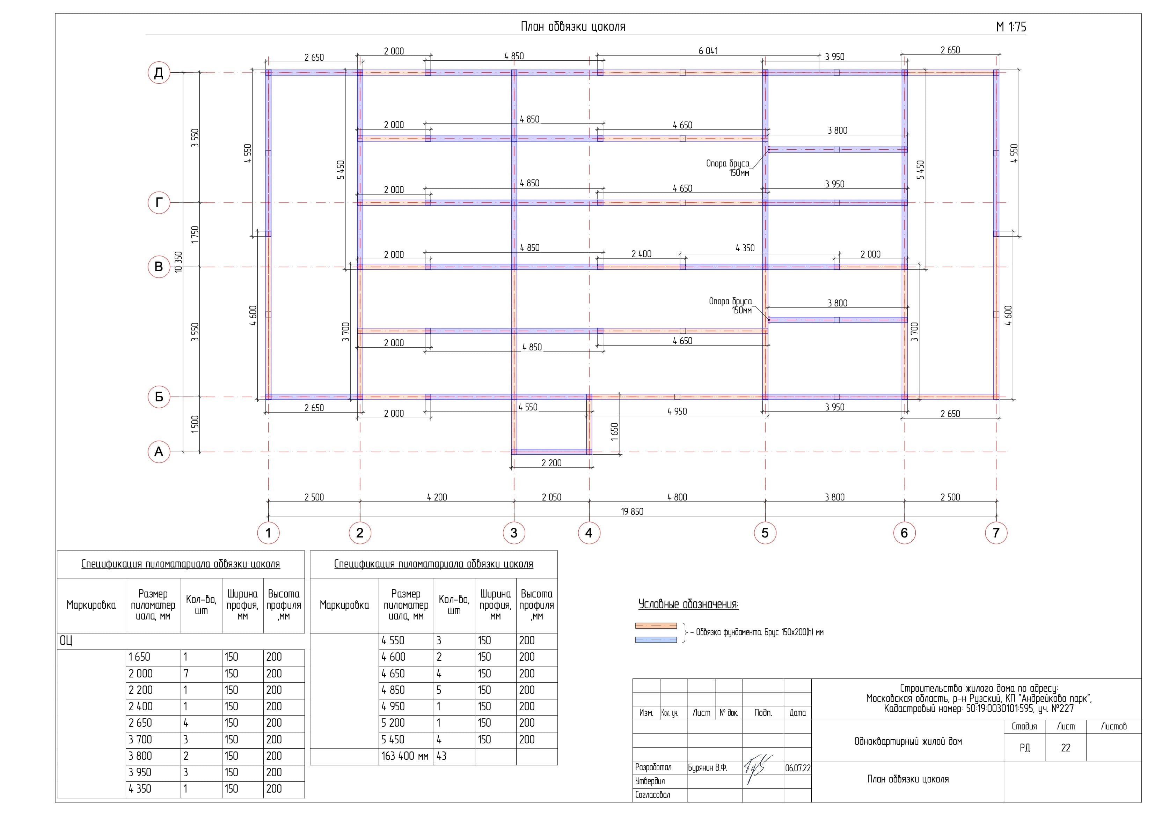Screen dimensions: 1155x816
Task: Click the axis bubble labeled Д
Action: click(x=159, y=73)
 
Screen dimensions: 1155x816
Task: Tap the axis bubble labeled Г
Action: click(x=159, y=203)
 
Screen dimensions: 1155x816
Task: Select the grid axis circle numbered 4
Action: click(x=589, y=533)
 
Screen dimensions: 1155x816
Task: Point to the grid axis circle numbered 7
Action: click(x=996, y=533)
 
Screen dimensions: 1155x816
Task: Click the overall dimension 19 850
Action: click(x=632, y=511)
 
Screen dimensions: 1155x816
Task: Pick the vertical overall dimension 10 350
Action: click(x=178, y=262)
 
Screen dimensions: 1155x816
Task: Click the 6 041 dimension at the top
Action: click(x=708, y=51)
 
